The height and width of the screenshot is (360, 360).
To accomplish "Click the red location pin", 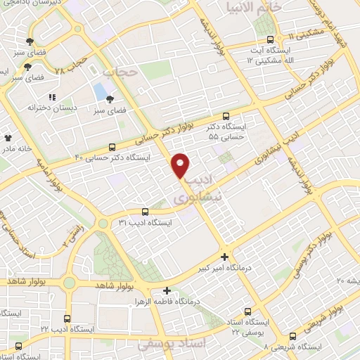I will pos(181,165).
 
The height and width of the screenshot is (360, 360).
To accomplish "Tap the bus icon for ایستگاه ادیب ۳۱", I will pos(145,211).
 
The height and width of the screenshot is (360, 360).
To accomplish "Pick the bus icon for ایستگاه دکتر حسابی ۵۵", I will pos(226,117).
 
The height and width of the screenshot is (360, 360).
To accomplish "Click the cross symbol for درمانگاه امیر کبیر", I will pos(224,257).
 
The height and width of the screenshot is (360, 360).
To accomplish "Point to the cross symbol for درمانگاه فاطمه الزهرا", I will pos(167,290).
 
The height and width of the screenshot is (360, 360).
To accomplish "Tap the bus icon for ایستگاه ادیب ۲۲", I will pos(67,318).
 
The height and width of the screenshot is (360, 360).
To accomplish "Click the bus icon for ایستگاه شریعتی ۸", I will pos(293,337).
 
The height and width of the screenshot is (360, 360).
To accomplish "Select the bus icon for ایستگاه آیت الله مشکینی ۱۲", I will pos(271,40).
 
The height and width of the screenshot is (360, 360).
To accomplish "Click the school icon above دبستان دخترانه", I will pos(51,97).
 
